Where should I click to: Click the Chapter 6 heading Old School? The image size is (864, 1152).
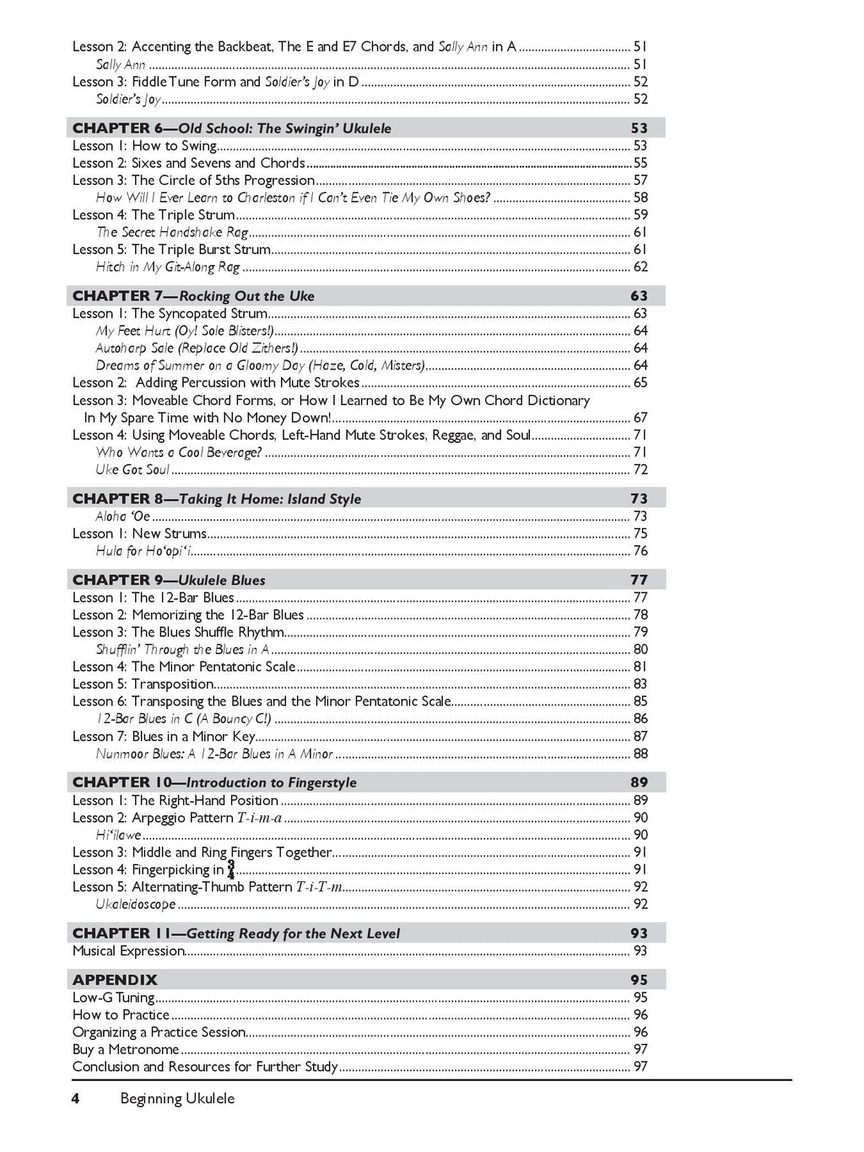tap(232, 128)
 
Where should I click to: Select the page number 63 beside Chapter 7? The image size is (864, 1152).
tap(639, 296)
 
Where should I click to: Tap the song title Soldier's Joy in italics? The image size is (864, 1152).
tap(128, 100)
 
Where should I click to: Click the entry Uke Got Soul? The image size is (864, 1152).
tap(132, 470)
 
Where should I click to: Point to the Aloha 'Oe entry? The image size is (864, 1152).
tap(123, 517)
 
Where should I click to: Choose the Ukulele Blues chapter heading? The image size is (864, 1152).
tap(169, 580)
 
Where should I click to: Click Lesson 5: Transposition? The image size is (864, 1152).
tap(143, 684)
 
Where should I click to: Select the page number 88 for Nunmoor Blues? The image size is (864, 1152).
tap(640, 754)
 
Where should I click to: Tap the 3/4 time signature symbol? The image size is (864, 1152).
tap(231, 870)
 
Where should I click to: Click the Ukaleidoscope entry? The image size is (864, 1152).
tap(136, 905)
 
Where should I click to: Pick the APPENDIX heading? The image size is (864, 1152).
tap(115, 980)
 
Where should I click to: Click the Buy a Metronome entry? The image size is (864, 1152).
tap(126, 1050)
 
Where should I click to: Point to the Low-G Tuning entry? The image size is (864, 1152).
tap(113, 998)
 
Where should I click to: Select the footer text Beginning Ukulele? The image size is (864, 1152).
tap(177, 1099)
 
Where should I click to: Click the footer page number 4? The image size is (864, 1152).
tap(76, 1099)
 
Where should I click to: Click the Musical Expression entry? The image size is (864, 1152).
tap(128, 951)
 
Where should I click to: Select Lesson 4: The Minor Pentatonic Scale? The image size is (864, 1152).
tap(184, 667)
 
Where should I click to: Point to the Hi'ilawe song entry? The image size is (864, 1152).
tap(118, 836)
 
